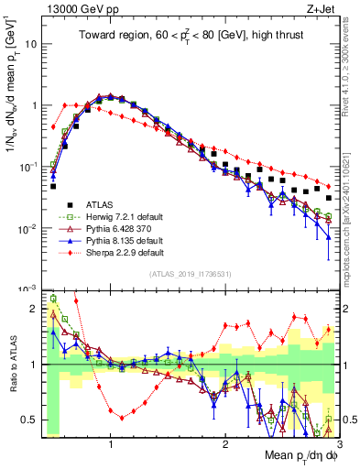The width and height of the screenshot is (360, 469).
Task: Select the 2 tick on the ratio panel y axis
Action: [31, 309]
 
